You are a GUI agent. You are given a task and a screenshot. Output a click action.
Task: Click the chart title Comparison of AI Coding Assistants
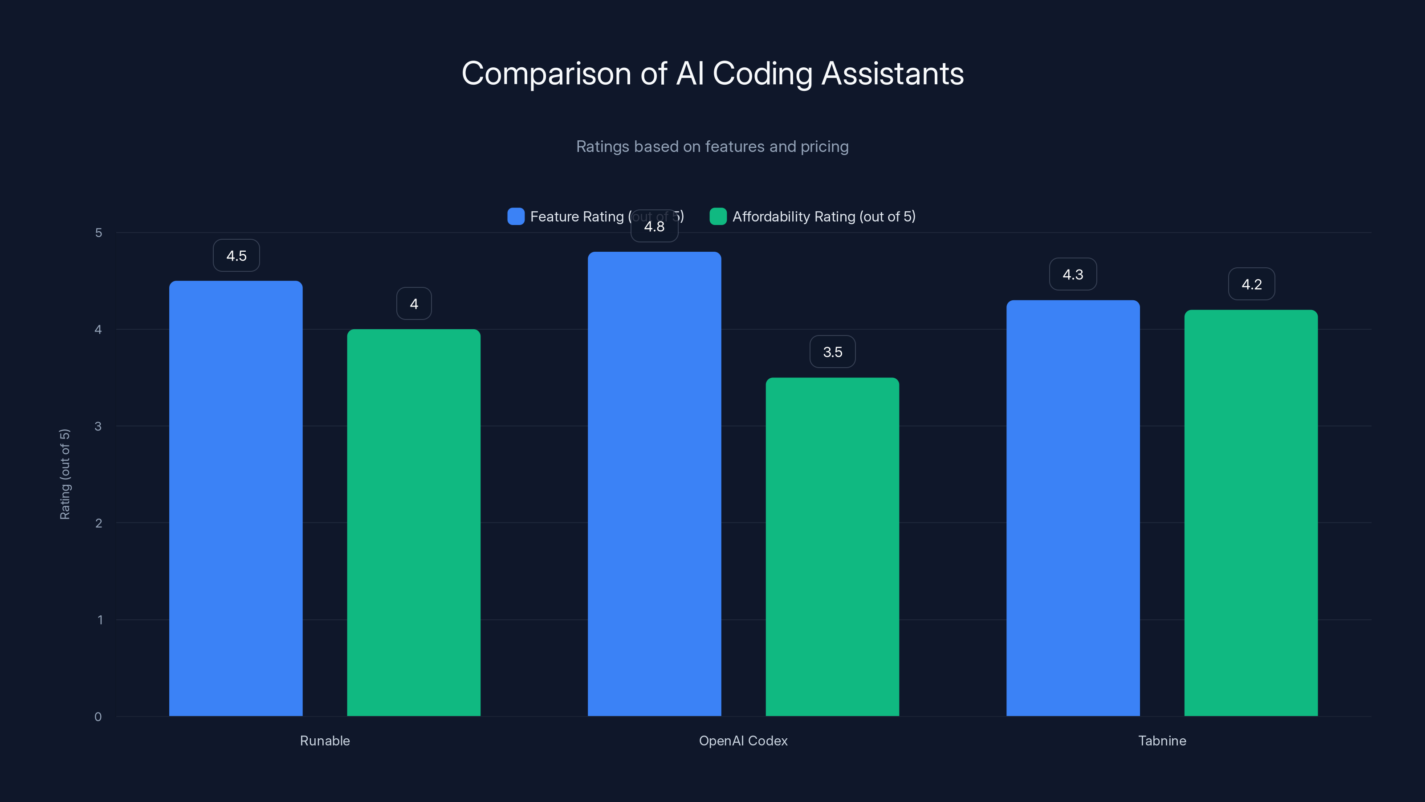tap(712, 74)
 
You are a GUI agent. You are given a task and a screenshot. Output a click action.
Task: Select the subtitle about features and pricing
tap(712, 147)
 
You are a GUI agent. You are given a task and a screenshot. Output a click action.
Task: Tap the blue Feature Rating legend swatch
tap(516, 217)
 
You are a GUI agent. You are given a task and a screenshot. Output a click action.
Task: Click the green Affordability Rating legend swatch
tap(718, 217)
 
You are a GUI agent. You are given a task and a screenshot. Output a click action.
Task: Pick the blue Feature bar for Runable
tap(236, 498)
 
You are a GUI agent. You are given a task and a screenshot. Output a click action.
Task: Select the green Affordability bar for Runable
tap(414, 523)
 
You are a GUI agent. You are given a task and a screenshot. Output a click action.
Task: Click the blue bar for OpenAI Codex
tap(655, 484)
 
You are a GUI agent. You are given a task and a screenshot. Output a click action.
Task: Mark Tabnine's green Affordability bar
tap(1251, 513)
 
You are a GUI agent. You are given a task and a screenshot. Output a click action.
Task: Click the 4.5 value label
tap(236, 256)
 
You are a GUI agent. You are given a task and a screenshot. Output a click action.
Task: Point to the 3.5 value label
tap(833, 352)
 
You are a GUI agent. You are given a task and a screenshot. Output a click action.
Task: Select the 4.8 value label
tap(655, 227)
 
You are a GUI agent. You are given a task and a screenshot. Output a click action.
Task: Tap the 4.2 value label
tap(1251, 285)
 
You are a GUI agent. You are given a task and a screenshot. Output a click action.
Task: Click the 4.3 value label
tap(1073, 274)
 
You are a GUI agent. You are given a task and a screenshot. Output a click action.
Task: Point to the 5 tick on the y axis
tap(98, 233)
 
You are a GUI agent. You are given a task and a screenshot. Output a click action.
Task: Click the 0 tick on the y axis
tap(98, 717)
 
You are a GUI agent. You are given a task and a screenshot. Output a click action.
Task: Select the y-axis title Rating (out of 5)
tap(65, 475)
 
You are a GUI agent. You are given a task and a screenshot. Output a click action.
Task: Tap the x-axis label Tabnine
tap(1162, 741)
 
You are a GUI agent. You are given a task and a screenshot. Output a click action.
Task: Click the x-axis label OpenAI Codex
tap(743, 741)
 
